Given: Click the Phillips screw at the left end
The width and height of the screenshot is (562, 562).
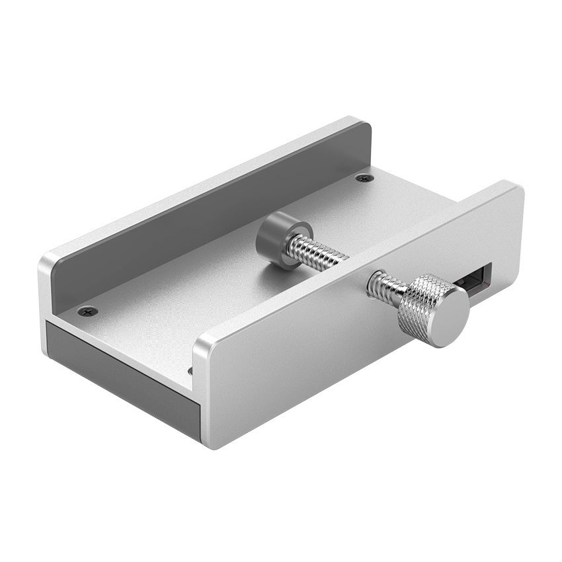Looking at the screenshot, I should pos(87,311).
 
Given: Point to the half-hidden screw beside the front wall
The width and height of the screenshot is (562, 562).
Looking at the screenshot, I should pos(190,371).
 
